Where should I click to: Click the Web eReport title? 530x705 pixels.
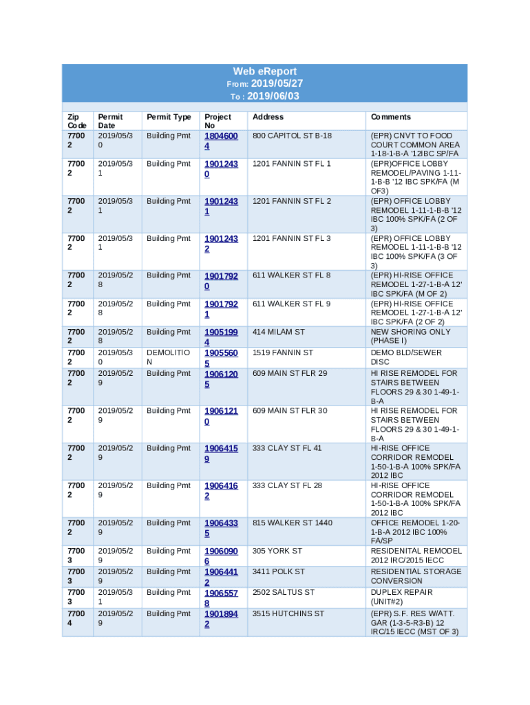click(264, 72)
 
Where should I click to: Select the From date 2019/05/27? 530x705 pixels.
click(275, 83)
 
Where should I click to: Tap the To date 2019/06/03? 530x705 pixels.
click(273, 96)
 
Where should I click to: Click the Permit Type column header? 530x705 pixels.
click(169, 117)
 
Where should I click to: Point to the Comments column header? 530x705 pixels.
click(390, 117)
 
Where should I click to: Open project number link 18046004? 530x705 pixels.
click(221, 141)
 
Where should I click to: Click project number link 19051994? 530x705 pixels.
click(221, 337)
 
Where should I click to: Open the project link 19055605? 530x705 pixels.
click(221, 358)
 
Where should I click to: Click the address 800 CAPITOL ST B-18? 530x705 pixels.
click(292, 136)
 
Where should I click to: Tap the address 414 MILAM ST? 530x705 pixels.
click(278, 332)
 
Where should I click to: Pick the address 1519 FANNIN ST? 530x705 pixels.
click(282, 352)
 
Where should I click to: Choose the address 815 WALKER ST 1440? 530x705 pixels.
click(292, 523)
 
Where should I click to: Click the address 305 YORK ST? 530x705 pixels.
click(277, 551)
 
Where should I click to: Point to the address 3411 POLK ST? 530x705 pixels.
click(278, 571)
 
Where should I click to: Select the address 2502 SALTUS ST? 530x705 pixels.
click(283, 592)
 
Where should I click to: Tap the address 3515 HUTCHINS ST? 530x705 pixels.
click(288, 613)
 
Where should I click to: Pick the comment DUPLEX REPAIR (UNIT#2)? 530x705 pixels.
click(401, 597)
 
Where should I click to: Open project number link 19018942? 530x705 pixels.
click(221, 619)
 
